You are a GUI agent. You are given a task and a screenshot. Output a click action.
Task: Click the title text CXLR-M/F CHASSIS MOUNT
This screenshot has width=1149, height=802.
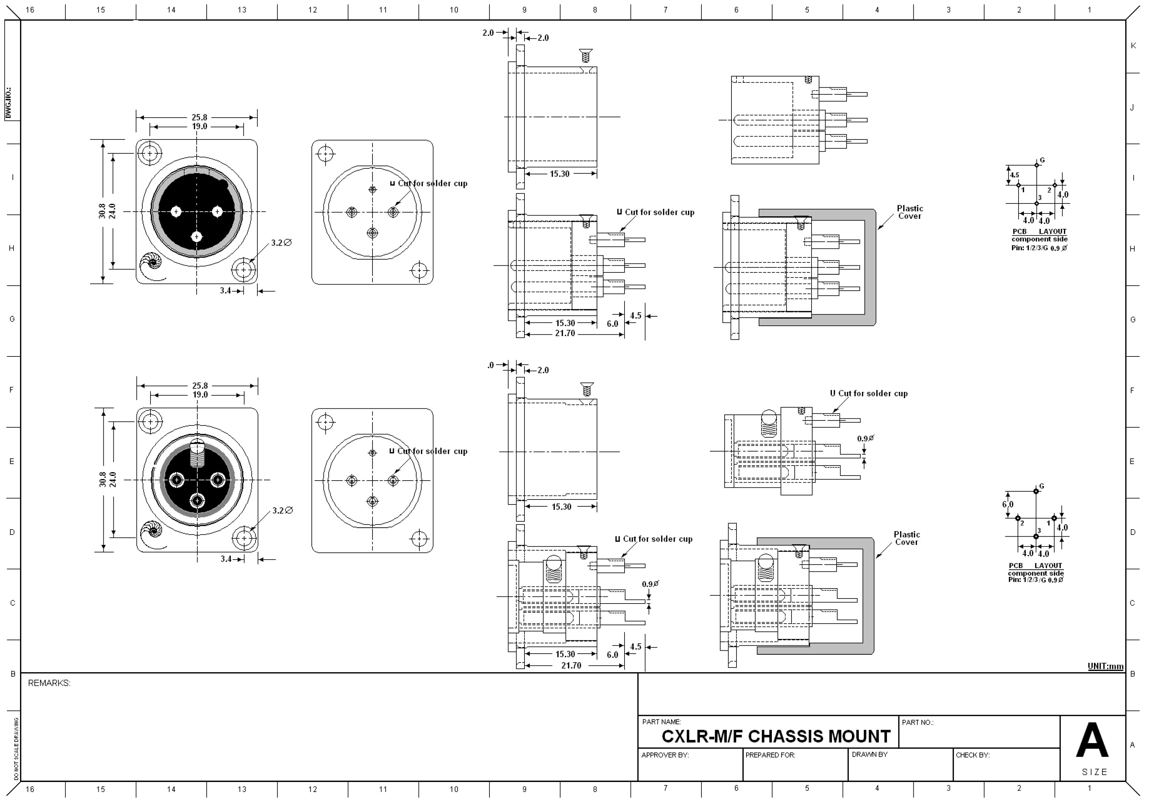[x=776, y=737]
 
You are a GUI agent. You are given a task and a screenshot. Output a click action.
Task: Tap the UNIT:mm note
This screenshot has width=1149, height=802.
[x=1105, y=666]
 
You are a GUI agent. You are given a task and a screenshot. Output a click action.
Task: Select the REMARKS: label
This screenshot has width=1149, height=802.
[x=49, y=683]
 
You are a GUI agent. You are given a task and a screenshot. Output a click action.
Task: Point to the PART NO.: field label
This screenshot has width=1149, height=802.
[x=917, y=722]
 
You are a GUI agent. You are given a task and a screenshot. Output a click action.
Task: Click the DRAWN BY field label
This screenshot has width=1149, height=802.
[x=869, y=754]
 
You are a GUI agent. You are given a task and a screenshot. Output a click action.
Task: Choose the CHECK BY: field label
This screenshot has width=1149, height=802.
[x=972, y=755]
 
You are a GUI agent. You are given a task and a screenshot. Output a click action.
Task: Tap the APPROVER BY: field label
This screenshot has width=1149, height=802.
[x=665, y=755]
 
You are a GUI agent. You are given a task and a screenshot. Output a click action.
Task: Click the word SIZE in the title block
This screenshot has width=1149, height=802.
[x=1094, y=772]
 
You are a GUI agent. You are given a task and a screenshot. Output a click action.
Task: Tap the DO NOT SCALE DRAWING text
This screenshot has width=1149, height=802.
[x=16, y=748]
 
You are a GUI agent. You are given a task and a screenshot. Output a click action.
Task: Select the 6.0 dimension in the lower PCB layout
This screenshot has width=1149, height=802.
[x=1007, y=504]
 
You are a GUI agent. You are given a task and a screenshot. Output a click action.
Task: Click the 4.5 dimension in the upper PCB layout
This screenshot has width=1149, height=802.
[x=1014, y=175]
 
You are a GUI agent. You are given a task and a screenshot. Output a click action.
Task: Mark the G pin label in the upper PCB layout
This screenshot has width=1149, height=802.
[x=1042, y=160]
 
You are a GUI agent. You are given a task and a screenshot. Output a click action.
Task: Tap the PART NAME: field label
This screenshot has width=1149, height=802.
[x=661, y=722]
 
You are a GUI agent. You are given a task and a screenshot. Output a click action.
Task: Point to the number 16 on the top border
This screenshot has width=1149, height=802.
[x=30, y=10]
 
